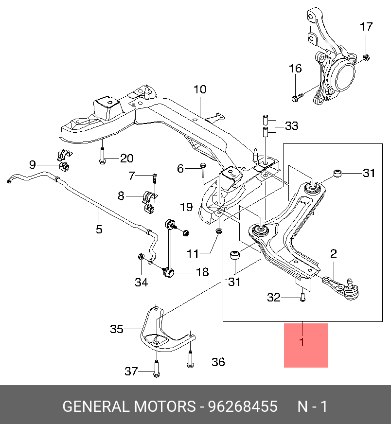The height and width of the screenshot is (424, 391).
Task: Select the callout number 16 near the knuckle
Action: (295, 69)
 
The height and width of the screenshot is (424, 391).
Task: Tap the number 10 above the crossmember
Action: (200, 89)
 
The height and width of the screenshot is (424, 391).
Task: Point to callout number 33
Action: (291, 126)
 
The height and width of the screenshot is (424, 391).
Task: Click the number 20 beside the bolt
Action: (126, 159)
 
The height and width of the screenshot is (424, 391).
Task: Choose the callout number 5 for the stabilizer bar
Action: (99, 229)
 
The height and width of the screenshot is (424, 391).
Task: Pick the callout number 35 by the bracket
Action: (117, 329)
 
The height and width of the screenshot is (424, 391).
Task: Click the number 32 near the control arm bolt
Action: (274, 298)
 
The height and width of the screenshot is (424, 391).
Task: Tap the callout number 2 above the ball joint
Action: (334, 253)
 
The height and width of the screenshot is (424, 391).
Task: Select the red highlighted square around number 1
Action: (306, 345)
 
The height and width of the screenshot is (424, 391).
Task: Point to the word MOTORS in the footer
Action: (160, 406)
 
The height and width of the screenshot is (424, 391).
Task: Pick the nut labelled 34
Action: (141, 257)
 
